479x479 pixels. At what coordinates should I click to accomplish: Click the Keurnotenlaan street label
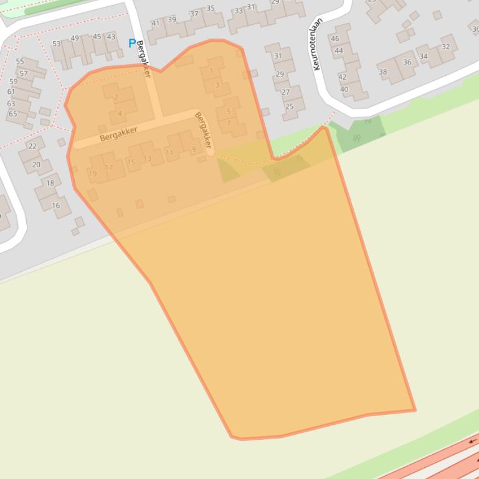click(x=317, y=44)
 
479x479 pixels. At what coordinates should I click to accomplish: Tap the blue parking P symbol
click(x=131, y=43)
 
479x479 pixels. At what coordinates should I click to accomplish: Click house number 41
click(x=156, y=24)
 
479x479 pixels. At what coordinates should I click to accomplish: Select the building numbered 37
click(x=194, y=14)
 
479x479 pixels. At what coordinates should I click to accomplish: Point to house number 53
click(x=57, y=44)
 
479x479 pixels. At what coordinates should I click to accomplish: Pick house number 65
click(x=12, y=114)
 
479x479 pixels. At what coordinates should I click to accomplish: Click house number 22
click(x=32, y=147)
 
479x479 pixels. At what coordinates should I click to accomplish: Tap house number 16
click(x=55, y=205)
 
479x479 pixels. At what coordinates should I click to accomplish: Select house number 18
click(x=50, y=183)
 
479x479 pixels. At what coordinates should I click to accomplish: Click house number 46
click(x=335, y=39)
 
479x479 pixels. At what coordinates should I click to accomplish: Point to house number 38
click(x=382, y=72)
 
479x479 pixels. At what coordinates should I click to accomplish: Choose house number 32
click(x=445, y=47)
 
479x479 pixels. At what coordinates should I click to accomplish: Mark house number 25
click(x=289, y=107)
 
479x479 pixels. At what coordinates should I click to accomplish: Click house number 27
click(x=285, y=92)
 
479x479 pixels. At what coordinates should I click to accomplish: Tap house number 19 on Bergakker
click(x=93, y=174)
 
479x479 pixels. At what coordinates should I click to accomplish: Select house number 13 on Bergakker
click(x=148, y=159)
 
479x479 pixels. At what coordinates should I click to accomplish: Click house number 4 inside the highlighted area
click(x=120, y=114)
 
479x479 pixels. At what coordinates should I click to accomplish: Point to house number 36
click(x=407, y=62)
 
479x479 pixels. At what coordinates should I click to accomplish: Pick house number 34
click(x=424, y=57)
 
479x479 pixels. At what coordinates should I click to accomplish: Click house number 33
click(x=239, y=11)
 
